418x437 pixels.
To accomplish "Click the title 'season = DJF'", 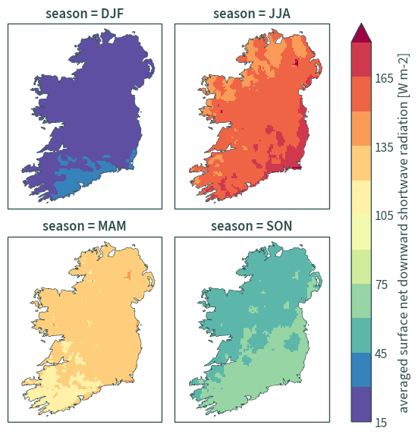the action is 85,14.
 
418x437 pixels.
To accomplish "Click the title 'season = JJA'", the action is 252,14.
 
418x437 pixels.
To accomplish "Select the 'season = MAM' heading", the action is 84,226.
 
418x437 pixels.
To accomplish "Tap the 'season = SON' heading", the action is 252,226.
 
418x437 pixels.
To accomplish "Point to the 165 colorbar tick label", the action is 384,78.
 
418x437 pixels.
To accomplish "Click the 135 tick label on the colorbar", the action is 384,147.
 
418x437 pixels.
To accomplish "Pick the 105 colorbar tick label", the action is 384,215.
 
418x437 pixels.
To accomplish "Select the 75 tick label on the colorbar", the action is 382,285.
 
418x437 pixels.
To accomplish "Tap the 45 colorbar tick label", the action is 381,354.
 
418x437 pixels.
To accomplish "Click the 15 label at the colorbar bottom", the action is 381,423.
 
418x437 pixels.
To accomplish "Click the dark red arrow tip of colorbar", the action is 361,24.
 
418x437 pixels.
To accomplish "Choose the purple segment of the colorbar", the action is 361,404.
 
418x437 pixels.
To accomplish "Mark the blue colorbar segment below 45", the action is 361,369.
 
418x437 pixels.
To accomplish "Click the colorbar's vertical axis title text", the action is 404,233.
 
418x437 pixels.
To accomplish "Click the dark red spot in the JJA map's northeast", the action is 296,62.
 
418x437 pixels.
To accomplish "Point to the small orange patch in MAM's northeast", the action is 128,275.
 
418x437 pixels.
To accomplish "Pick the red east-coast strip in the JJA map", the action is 303,140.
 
